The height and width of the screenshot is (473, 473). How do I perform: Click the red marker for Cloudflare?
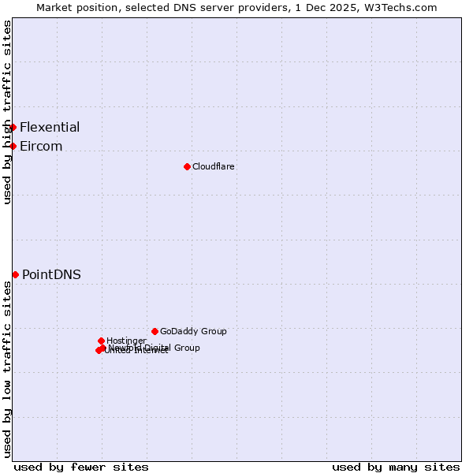(187, 166)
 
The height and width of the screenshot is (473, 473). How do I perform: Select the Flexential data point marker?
(13, 127)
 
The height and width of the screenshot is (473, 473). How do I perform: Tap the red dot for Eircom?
(13, 146)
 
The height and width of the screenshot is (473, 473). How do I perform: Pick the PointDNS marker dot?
(15, 274)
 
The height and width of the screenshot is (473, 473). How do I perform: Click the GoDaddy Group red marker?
(155, 331)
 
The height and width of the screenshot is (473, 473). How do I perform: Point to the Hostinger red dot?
(101, 341)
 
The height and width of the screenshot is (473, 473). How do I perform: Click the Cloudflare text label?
(213, 166)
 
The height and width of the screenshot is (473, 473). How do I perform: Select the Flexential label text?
(50, 127)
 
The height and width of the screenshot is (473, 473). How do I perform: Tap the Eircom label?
(41, 146)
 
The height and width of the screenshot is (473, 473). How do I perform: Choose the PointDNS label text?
(51, 274)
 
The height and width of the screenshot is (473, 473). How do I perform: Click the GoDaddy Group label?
(193, 331)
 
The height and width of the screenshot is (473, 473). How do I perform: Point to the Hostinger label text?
(126, 341)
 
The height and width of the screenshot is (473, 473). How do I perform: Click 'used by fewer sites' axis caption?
(81, 467)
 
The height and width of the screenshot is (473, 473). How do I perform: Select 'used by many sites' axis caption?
(396, 467)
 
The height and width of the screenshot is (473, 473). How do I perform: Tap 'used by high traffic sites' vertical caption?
(7, 112)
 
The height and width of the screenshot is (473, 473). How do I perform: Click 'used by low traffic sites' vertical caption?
(7, 370)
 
